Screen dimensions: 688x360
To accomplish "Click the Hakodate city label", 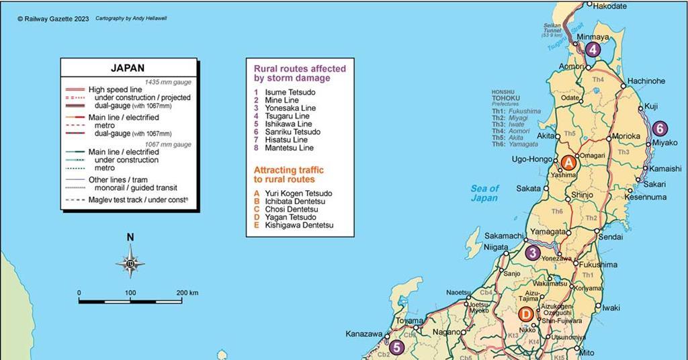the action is click(610, 6).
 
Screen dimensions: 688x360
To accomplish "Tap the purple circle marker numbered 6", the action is click(660, 128).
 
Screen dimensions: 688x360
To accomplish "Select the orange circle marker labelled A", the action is click(568, 163).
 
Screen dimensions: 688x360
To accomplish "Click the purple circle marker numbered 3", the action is click(533, 253).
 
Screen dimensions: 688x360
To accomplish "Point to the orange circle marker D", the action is click(525, 314).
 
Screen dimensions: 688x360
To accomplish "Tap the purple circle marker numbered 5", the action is click(397, 347).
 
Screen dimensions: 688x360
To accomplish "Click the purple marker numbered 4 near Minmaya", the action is click(592, 49).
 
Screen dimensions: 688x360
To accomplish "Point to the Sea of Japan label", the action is click(484, 193).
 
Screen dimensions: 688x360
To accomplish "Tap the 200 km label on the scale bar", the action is click(187, 293).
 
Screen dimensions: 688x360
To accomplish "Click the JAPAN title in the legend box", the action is click(128, 68).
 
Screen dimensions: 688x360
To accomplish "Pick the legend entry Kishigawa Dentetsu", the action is click(299, 225).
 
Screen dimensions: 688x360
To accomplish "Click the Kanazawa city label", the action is click(363, 334).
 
